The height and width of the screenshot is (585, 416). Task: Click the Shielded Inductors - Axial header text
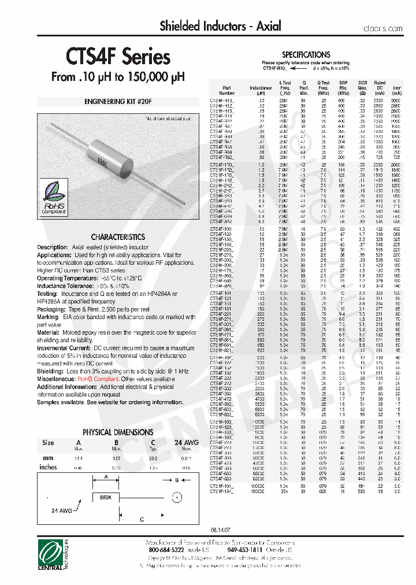(220, 26)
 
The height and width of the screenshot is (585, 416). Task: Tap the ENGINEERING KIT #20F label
(118, 102)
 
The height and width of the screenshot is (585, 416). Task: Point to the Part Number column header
(227, 90)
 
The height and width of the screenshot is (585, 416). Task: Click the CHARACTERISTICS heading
(118, 237)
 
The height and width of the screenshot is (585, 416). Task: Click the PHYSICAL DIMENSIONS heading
(118, 432)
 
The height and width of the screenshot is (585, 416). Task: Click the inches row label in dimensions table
(48, 467)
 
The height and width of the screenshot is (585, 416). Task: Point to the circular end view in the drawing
(177, 497)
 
